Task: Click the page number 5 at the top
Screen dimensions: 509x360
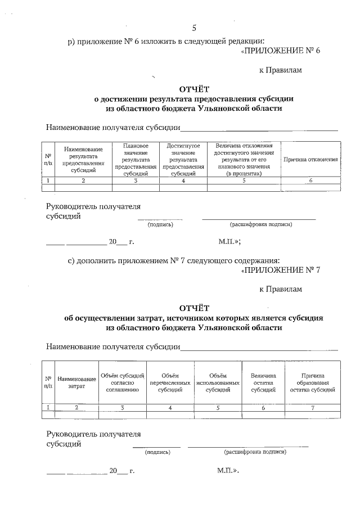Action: (x=194, y=28)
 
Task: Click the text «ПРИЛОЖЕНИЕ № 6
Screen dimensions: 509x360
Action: (x=280, y=51)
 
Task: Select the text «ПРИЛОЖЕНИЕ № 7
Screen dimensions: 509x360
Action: (x=280, y=270)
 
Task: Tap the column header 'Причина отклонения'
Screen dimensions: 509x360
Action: (x=310, y=160)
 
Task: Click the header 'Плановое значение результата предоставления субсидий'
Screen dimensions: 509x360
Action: (x=135, y=160)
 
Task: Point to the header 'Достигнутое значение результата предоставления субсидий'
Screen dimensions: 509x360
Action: (x=183, y=160)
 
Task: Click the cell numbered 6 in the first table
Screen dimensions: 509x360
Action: (x=310, y=181)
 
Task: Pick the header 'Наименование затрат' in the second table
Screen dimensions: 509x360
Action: (x=76, y=383)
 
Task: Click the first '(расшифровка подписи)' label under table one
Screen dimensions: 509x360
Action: (x=260, y=224)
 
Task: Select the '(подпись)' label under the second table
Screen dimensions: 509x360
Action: (x=157, y=452)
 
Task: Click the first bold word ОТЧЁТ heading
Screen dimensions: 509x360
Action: (x=194, y=88)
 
